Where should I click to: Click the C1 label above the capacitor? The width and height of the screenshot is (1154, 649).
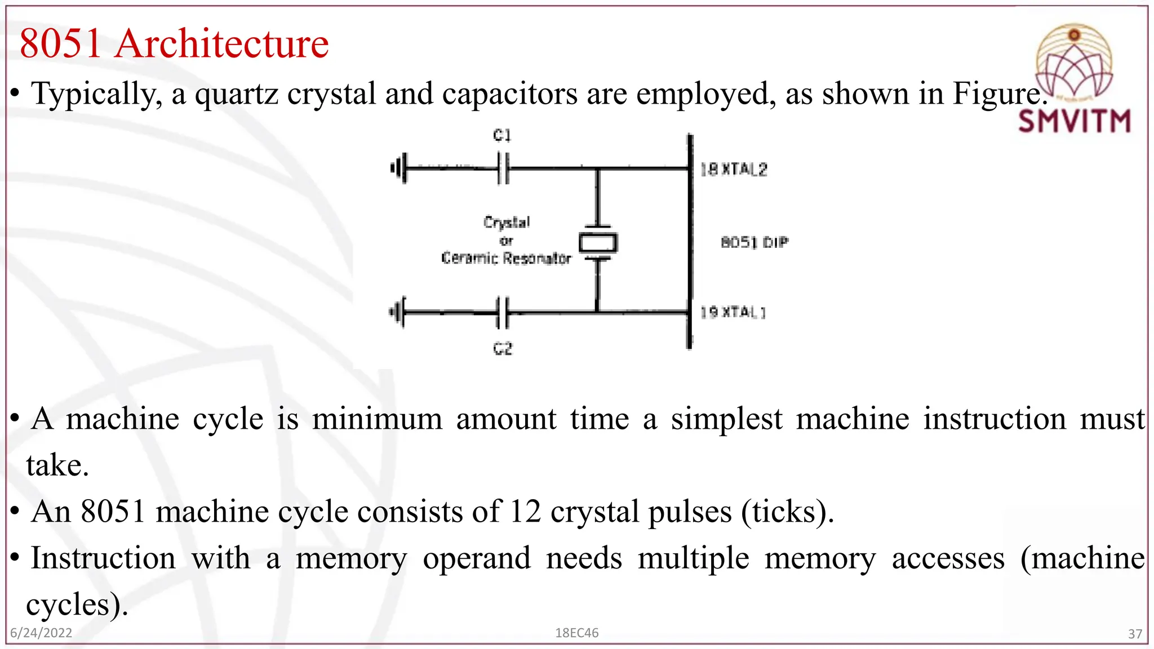pyautogui.click(x=501, y=135)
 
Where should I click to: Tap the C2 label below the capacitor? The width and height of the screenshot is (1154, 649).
pyautogui.click(x=503, y=349)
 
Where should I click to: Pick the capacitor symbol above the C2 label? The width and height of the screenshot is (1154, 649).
pyautogui.click(x=503, y=312)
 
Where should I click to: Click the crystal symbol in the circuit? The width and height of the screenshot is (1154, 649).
pyautogui.click(x=598, y=243)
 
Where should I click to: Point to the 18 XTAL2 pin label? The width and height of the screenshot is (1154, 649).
pyautogui.click(x=734, y=170)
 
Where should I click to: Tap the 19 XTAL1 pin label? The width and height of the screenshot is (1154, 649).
pyautogui.click(x=733, y=312)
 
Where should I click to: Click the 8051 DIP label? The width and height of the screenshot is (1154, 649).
pyautogui.click(x=754, y=243)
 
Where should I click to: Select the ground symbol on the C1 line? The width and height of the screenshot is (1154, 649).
pyautogui.click(x=398, y=168)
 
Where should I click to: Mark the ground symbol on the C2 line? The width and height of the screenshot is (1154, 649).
pyautogui.click(x=398, y=312)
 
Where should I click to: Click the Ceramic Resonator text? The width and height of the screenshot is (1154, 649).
pyautogui.click(x=506, y=259)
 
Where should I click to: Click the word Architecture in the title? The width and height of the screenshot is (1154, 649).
pyautogui.click(x=222, y=44)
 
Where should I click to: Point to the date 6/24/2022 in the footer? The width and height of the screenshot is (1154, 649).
pyautogui.click(x=41, y=633)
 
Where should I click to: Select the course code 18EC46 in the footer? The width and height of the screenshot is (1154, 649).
pyautogui.click(x=576, y=633)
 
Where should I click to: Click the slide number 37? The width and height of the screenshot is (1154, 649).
pyautogui.click(x=1135, y=634)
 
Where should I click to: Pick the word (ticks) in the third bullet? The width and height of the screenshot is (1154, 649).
pyautogui.click(x=787, y=512)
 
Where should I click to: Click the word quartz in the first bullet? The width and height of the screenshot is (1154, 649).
pyautogui.click(x=237, y=94)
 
